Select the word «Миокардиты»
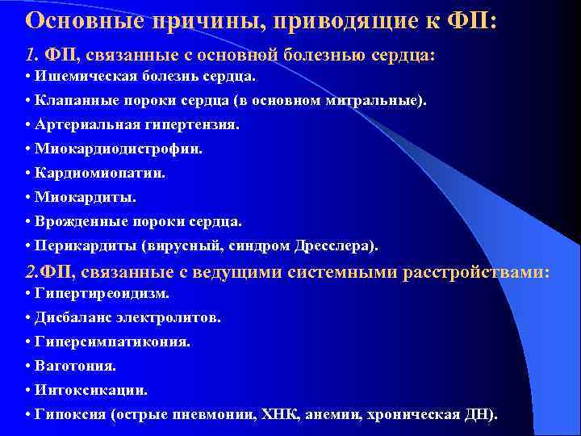tap(86, 197)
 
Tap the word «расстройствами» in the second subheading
tap(481, 271)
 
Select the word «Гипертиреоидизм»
tap(102, 294)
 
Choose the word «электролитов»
tap(174, 318)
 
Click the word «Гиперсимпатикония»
tap(112, 342)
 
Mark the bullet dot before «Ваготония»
tap(28, 366)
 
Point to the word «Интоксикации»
tap(91, 390)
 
